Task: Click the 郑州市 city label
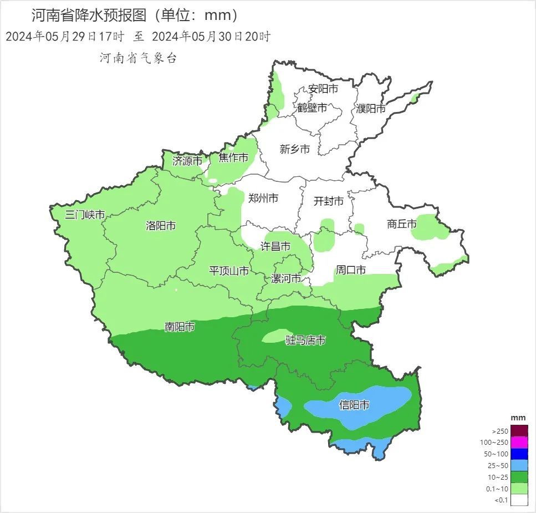(x=263, y=198)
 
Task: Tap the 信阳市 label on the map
(x=354, y=405)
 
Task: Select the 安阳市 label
(x=323, y=89)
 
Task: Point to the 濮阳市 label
(x=371, y=109)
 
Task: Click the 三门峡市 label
(x=85, y=215)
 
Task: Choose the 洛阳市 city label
(x=161, y=226)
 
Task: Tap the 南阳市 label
(x=180, y=327)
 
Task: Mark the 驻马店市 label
(x=305, y=341)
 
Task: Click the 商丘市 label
(x=401, y=224)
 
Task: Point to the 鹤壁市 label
(x=312, y=108)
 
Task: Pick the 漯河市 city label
(x=286, y=278)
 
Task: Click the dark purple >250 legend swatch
(x=519, y=431)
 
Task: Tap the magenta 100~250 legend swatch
(x=519, y=443)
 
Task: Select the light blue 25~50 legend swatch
(x=519, y=465)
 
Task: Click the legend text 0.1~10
(x=496, y=489)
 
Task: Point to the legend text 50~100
(x=496, y=454)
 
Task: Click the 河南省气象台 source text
(x=138, y=58)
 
